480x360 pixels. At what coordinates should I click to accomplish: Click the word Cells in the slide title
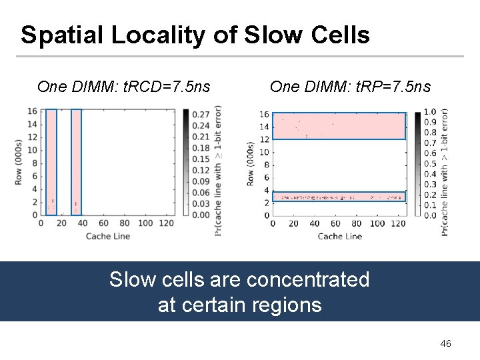(339, 35)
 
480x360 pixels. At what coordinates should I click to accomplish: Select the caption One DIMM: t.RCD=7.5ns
(124, 87)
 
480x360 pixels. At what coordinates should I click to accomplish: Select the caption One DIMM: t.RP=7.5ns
(350, 87)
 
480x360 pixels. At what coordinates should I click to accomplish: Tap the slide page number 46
(446, 343)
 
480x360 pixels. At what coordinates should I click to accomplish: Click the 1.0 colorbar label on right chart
(430, 113)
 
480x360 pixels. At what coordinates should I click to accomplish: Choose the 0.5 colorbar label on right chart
(430, 164)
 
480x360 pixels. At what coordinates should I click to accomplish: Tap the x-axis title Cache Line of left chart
(108, 235)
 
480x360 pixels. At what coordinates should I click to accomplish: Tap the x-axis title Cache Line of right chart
(340, 236)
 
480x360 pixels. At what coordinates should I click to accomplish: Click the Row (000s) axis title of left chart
(19, 162)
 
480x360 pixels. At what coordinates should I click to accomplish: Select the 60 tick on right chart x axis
(335, 223)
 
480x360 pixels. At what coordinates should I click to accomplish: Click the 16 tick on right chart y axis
(265, 115)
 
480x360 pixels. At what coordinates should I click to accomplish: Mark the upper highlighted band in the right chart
(339, 126)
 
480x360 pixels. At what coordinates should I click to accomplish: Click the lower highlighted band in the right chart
(339, 197)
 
